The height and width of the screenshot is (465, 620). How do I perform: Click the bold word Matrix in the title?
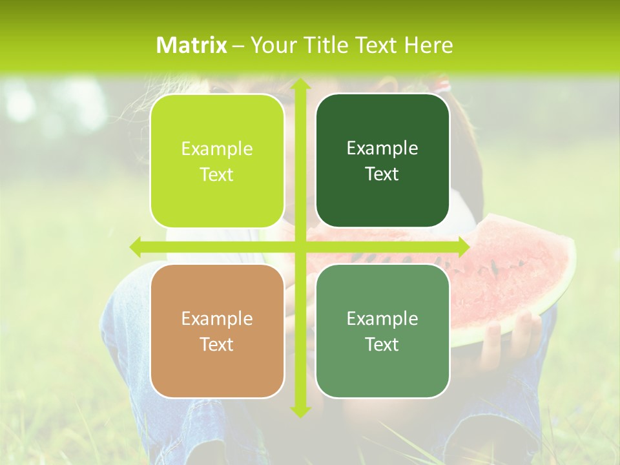pyautogui.click(x=192, y=45)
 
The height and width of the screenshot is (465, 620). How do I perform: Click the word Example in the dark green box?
pyautogui.click(x=382, y=149)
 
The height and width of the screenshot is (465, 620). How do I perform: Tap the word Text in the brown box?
pyautogui.click(x=217, y=344)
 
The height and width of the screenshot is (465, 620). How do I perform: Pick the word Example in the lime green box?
pyautogui.click(x=217, y=149)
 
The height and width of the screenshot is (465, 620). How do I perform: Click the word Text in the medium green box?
pyautogui.click(x=382, y=344)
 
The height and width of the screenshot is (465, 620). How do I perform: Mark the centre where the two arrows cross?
pyautogui.click(x=300, y=247)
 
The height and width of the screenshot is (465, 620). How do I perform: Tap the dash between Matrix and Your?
pyautogui.click(x=238, y=46)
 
